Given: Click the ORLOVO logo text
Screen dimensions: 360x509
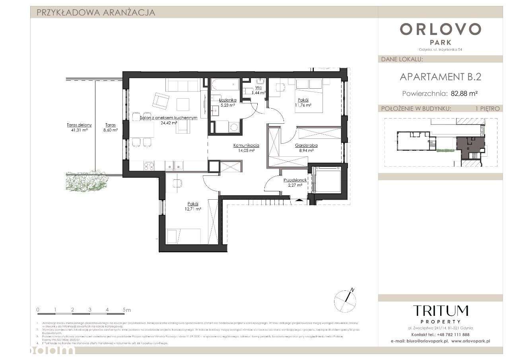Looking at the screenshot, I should (x=441, y=29).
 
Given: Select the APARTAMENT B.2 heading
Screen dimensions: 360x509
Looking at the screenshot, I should (x=440, y=77).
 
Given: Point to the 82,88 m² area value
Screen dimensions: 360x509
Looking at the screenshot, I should (x=464, y=94).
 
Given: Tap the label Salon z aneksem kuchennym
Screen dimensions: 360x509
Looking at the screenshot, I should (x=169, y=118).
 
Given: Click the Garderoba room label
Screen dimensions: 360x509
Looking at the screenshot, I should (x=306, y=146).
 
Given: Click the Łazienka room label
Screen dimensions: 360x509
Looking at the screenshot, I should (x=228, y=100).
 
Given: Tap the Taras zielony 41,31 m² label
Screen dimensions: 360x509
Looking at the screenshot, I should (x=79, y=127).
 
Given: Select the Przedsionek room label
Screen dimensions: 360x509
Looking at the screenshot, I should (x=295, y=180).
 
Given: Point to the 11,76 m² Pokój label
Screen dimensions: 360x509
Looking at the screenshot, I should (x=303, y=102).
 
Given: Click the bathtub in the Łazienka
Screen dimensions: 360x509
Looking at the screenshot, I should (x=225, y=85).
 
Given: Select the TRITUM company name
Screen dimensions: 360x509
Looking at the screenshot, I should (x=440, y=311).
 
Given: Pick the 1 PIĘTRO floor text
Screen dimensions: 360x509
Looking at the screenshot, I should (x=487, y=109).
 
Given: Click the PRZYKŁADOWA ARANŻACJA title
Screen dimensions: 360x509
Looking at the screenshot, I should (x=95, y=12).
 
